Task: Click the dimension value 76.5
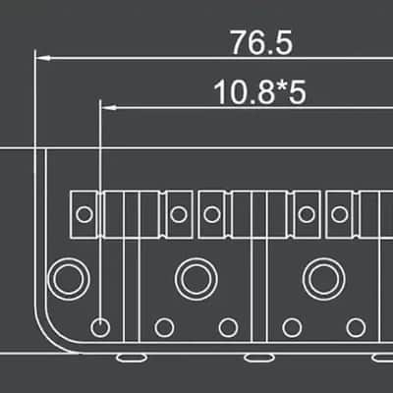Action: [261, 43]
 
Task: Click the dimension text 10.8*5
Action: [259, 92]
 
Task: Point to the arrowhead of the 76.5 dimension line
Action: [43, 58]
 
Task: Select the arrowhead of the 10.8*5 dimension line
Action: [109, 107]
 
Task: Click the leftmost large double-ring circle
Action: [69, 279]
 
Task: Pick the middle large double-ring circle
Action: [196, 279]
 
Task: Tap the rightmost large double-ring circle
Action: [324, 279]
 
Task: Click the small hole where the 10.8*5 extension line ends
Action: [100, 327]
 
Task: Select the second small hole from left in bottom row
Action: [164, 327]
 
